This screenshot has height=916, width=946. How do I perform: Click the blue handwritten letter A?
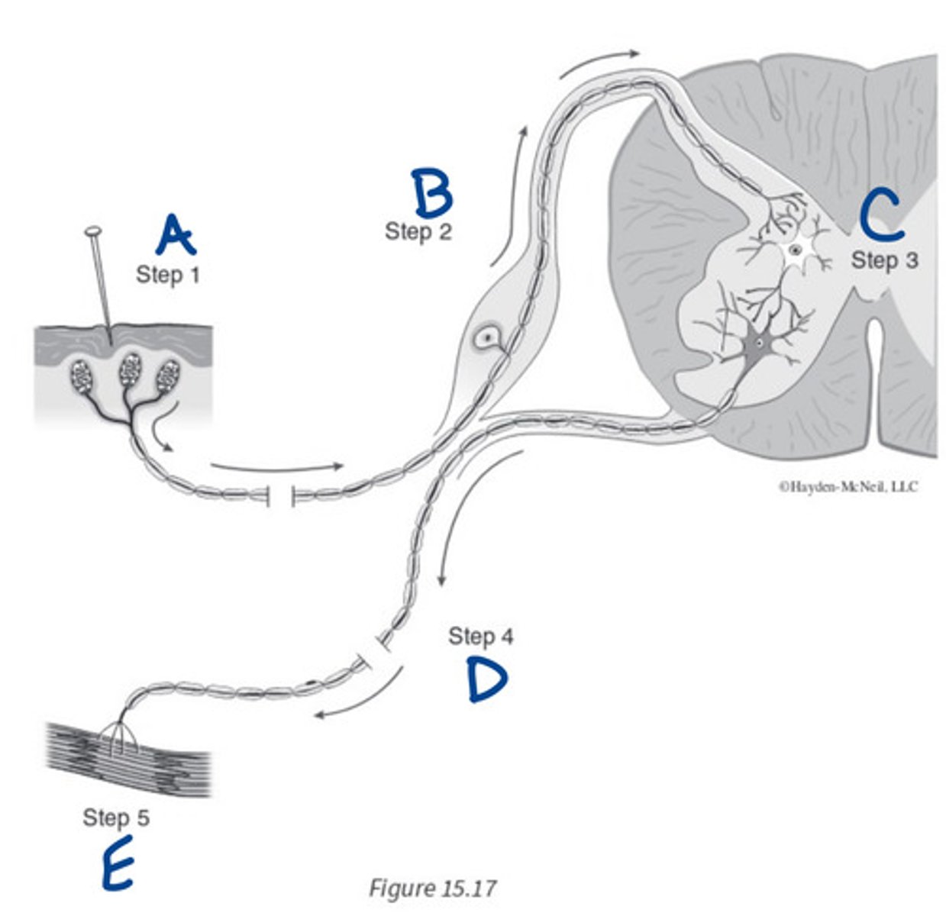tap(175, 235)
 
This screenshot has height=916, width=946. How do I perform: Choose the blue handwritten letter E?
tap(118, 863)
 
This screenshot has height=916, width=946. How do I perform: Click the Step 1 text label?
tap(168, 274)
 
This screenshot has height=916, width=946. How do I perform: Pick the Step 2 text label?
tap(418, 231)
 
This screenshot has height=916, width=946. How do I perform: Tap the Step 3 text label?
tap(885, 260)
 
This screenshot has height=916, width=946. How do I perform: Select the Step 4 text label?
tap(481, 636)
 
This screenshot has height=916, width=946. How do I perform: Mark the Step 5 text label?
tap(116, 818)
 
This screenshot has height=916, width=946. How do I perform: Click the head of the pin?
tap(93, 230)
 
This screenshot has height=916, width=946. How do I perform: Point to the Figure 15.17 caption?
tap(432, 889)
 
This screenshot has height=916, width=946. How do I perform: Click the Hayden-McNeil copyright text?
tap(848, 486)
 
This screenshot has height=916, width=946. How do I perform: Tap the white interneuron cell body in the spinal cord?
tap(796, 250)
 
